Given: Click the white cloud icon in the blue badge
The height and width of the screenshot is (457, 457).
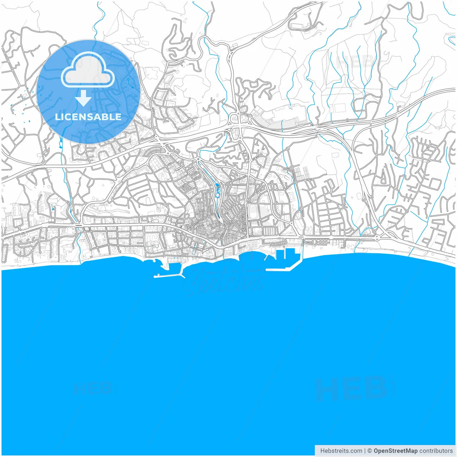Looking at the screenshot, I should [x=88, y=70].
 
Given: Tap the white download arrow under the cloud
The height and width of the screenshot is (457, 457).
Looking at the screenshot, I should [x=84, y=99].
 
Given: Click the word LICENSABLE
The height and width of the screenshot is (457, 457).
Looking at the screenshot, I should [x=88, y=117].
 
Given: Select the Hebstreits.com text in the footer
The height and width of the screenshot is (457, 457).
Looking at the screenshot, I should [x=341, y=451].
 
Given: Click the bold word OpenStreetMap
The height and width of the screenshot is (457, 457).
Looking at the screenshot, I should [x=395, y=451].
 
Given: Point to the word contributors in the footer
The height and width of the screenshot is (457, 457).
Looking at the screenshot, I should [x=436, y=451].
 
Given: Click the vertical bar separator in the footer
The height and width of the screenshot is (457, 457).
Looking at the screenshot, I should [x=365, y=451].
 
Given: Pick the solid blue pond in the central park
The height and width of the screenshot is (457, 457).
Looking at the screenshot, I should [x=217, y=185].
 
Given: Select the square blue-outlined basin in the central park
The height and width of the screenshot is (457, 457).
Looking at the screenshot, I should [x=217, y=195].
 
